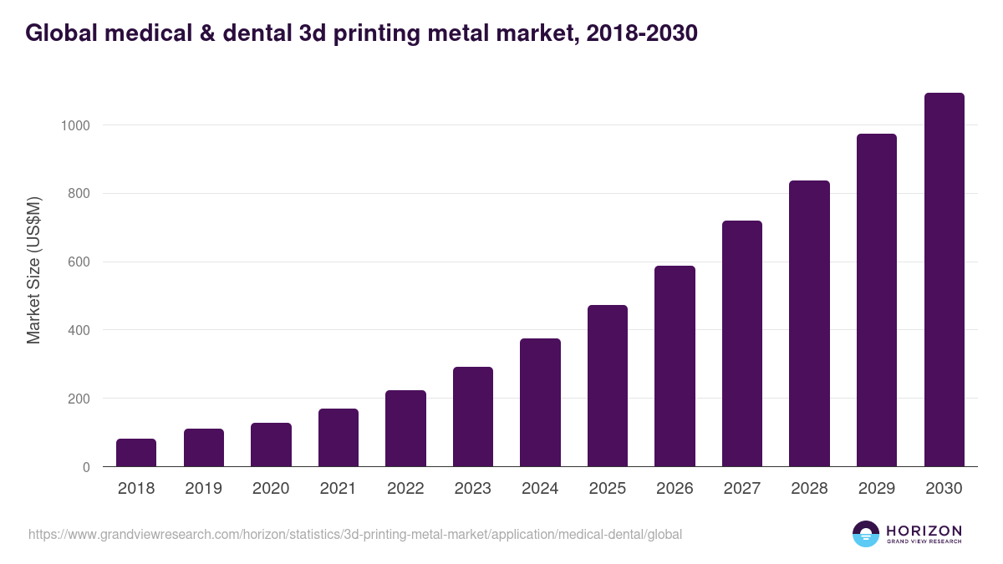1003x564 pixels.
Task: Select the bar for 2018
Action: pyautogui.click(x=136, y=452)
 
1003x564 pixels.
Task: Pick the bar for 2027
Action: pyautogui.click(x=741, y=343)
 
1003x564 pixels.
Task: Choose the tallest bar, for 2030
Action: pyautogui.click(x=944, y=280)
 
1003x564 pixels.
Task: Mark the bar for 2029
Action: pyautogui.click(x=876, y=300)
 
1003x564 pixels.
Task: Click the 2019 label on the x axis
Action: pyautogui.click(x=203, y=489)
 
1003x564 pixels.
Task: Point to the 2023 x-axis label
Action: pyautogui.click(x=472, y=489)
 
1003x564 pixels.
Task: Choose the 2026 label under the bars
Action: pyautogui.click(x=675, y=489)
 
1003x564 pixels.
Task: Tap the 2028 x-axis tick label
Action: pyautogui.click(x=809, y=489)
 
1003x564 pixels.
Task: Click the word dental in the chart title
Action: pyautogui.click(x=253, y=33)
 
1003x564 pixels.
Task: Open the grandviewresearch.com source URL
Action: pyautogui.click(x=355, y=534)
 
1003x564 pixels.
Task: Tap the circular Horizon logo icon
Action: pyautogui.click(x=866, y=534)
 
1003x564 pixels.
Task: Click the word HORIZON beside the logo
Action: pyautogui.click(x=924, y=531)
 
